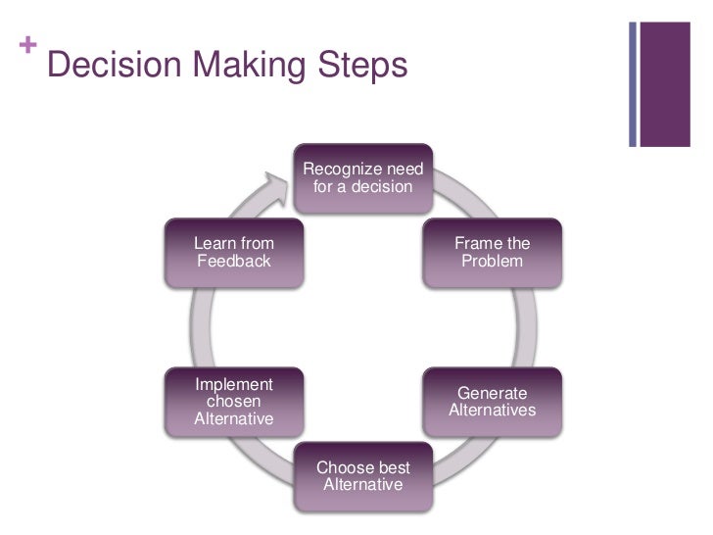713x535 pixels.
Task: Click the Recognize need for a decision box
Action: (x=362, y=177)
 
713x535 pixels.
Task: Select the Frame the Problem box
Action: (x=492, y=252)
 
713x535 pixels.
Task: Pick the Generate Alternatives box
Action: (x=492, y=402)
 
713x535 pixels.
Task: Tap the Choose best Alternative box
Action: (x=362, y=476)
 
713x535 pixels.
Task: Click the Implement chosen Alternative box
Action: (x=233, y=402)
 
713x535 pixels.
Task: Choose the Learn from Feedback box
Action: (x=233, y=252)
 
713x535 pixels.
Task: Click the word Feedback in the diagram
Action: (x=233, y=262)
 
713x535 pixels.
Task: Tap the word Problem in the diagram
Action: (x=492, y=262)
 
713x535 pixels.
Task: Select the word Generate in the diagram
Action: (x=492, y=393)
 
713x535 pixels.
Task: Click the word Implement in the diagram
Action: (x=233, y=384)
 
